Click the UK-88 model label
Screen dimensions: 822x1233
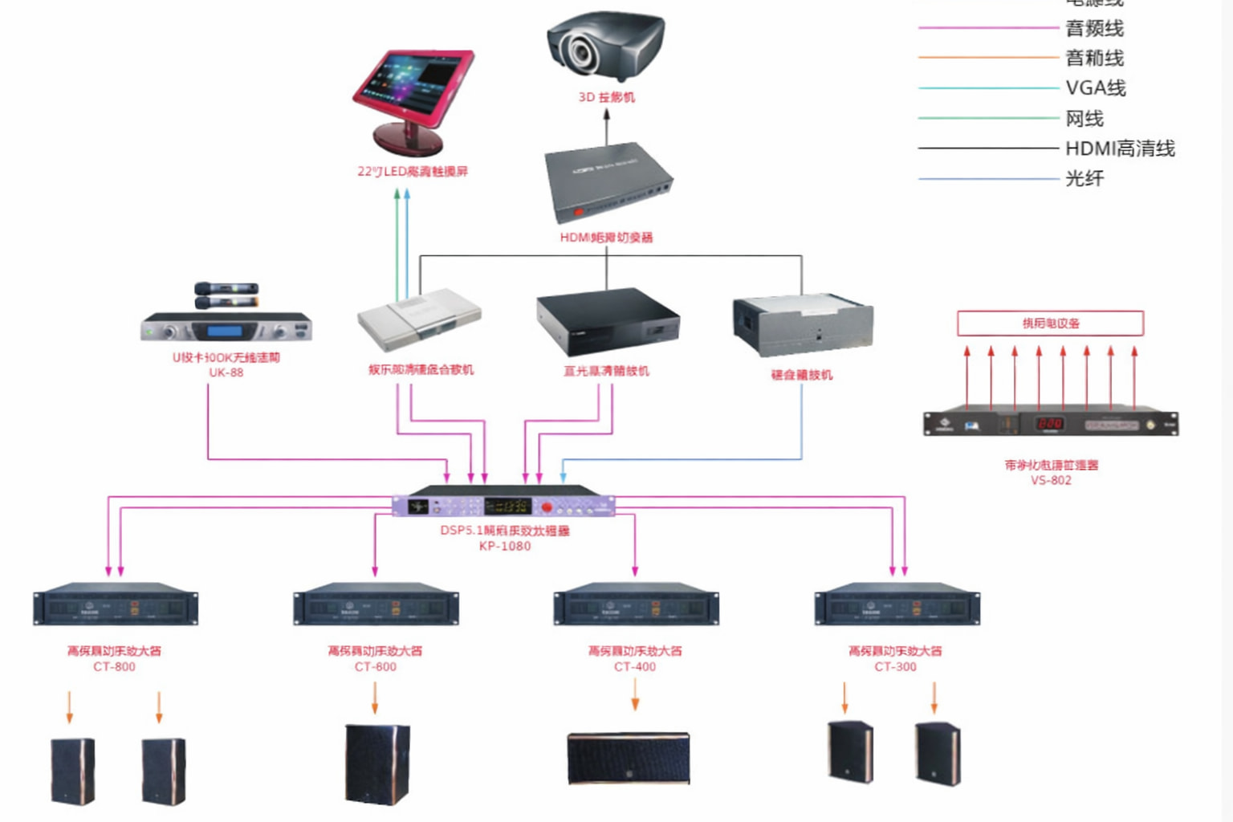click(x=226, y=372)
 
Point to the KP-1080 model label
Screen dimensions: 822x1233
click(x=505, y=546)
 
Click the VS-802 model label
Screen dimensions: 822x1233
click(x=1051, y=480)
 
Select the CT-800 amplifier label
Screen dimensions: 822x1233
click(x=114, y=666)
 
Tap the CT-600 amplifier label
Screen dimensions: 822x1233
click(x=375, y=666)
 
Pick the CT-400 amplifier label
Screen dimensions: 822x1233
click(x=635, y=666)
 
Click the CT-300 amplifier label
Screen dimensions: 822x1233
click(x=895, y=666)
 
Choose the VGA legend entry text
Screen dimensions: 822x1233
click(x=1095, y=87)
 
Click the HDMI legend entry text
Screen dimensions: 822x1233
click(x=1120, y=149)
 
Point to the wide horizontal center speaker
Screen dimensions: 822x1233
click(x=629, y=758)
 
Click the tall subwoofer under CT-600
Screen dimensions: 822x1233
click(x=376, y=763)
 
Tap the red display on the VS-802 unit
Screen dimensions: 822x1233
click(x=1049, y=423)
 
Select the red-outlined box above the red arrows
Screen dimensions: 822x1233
click(x=1050, y=323)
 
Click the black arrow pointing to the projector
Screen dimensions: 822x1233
click(x=607, y=125)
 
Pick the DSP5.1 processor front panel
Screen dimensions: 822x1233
click(x=503, y=506)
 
